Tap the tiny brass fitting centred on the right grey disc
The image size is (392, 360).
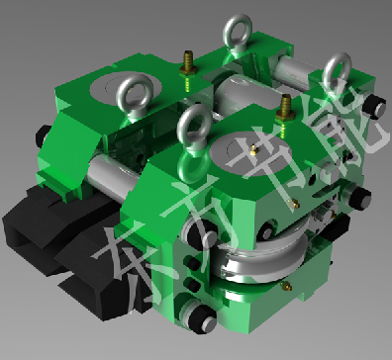coord(253,150)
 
